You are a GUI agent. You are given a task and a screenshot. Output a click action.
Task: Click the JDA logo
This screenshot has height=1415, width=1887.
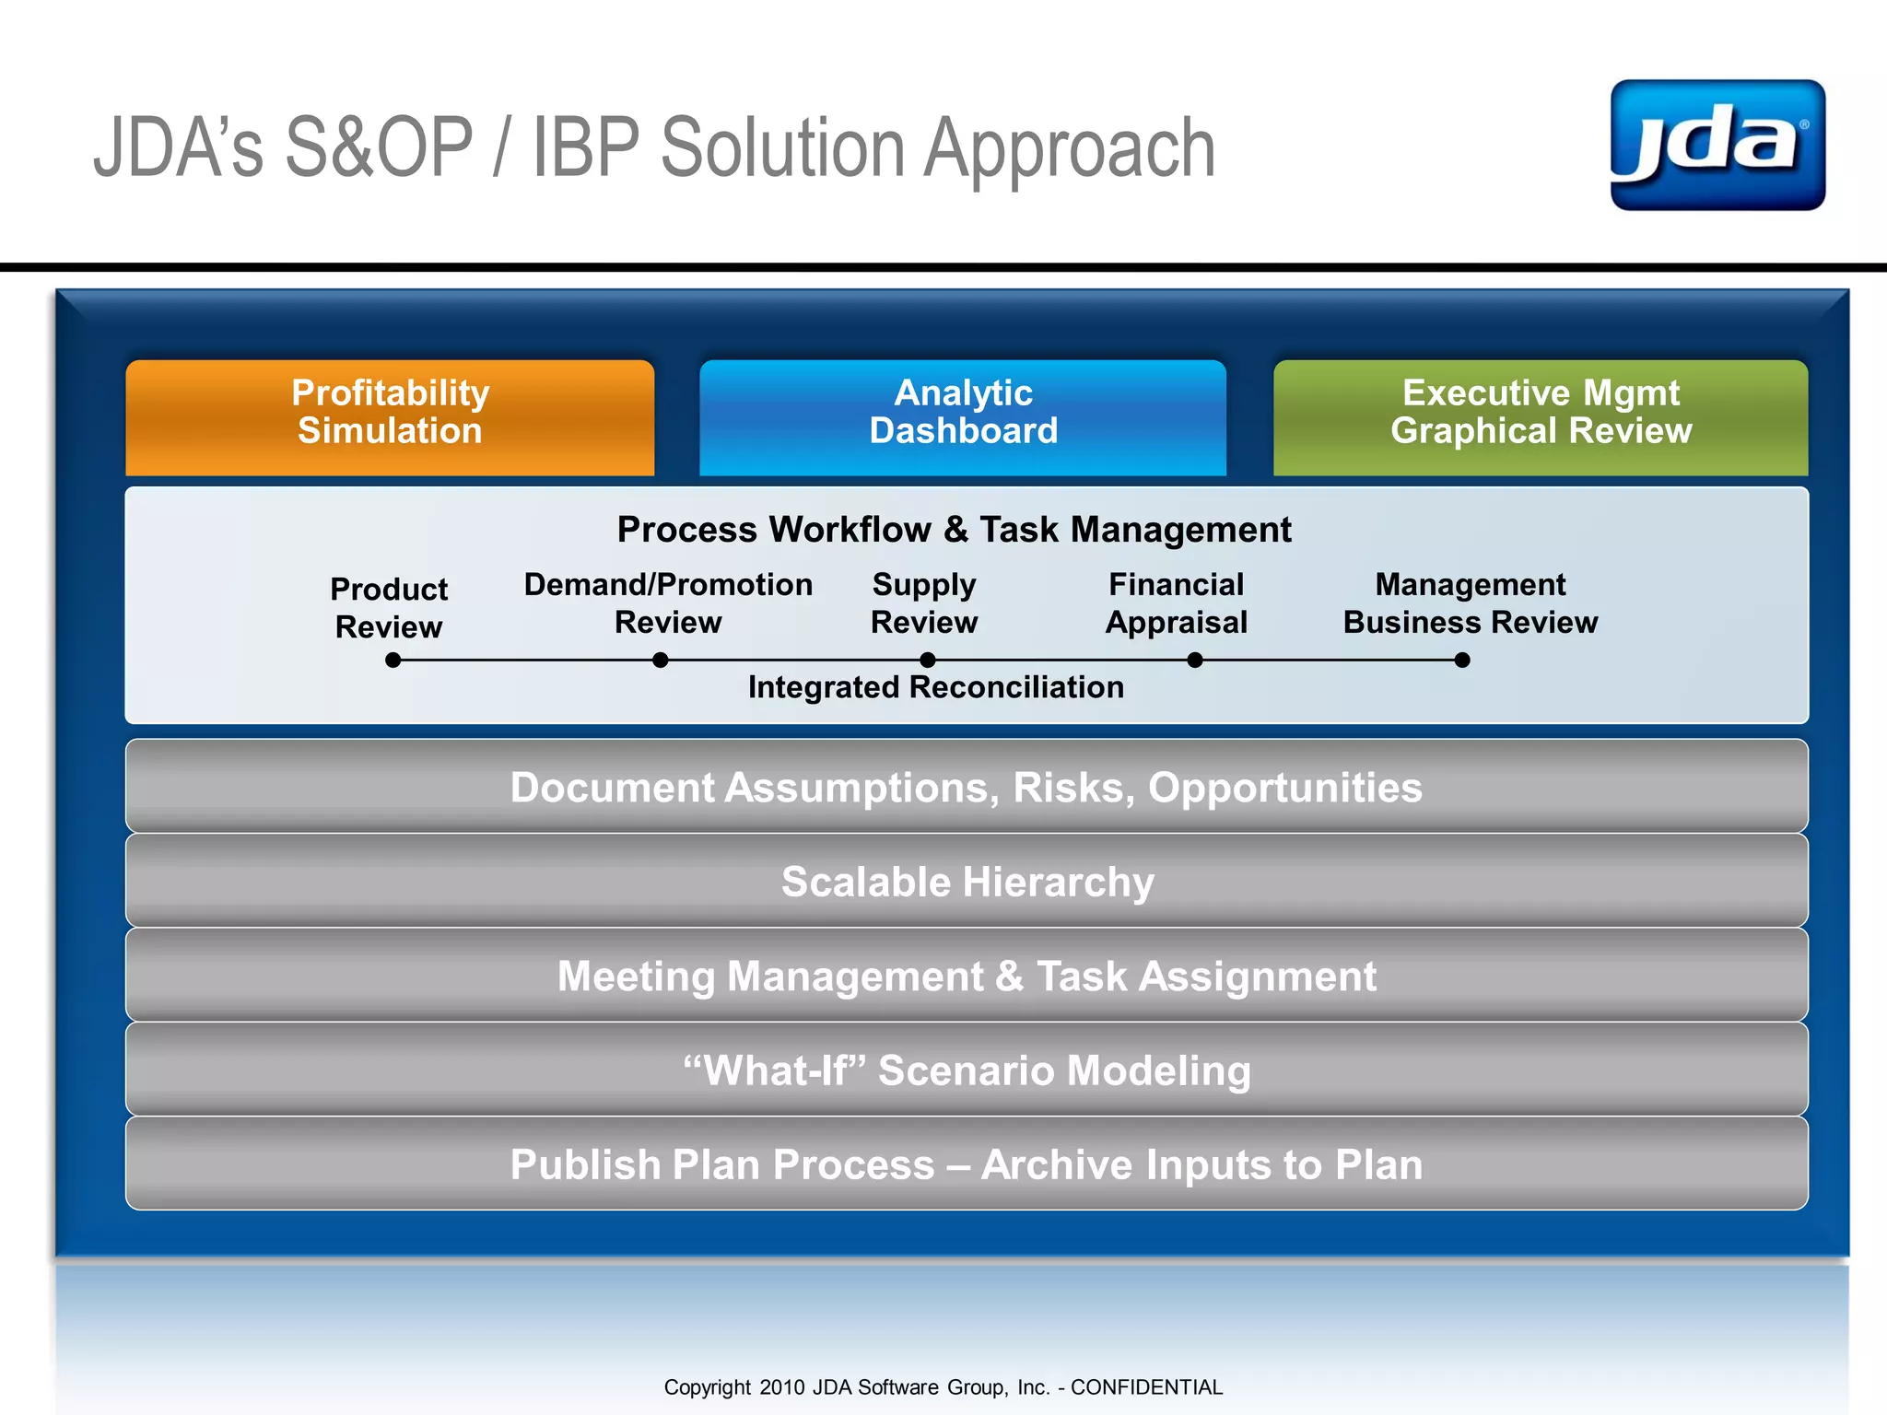point(1717,145)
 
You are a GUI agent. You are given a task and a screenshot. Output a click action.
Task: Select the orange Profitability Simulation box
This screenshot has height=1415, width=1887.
point(390,416)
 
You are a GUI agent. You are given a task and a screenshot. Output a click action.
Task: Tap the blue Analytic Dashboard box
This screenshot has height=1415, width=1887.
point(963,416)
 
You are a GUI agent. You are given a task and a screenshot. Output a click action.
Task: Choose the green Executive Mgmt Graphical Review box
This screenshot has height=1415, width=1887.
point(1541,416)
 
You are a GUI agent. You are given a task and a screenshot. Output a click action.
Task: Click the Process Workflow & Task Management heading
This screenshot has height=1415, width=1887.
point(954,530)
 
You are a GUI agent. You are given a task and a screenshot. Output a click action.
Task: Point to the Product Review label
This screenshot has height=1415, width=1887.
point(389,608)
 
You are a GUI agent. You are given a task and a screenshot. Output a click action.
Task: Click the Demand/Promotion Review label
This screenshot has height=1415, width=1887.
point(668,603)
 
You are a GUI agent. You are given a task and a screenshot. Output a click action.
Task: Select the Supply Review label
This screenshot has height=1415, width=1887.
point(924,603)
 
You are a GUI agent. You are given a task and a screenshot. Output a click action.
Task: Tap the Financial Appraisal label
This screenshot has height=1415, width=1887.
point(1177,603)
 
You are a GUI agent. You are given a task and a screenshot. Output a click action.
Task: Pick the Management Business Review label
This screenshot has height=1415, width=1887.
point(1471,603)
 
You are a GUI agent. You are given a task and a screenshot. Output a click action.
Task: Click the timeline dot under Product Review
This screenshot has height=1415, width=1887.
point(393,660)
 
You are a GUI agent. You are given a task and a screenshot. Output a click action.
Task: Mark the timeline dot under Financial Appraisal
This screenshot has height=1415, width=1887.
point(1195,660)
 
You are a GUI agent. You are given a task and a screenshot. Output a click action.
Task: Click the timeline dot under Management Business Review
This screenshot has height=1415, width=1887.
point(1462,660)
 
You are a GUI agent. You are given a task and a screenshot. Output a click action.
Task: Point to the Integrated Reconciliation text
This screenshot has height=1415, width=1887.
point(935,687)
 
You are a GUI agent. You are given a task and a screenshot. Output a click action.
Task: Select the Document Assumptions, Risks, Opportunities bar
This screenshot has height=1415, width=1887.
point(967,787)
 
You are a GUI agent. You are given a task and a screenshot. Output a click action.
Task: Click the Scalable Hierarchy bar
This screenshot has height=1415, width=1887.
point(967,882)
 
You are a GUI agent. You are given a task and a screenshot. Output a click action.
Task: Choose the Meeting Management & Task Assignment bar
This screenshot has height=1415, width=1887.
point(967,976)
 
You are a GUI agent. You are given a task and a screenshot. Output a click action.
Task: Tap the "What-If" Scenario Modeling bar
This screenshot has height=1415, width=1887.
point(967,1070)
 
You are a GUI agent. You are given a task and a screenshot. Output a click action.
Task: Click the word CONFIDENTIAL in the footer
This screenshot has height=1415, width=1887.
point(1146,1387)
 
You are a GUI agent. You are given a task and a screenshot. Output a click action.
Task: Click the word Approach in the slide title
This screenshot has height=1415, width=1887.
point(1069,149)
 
